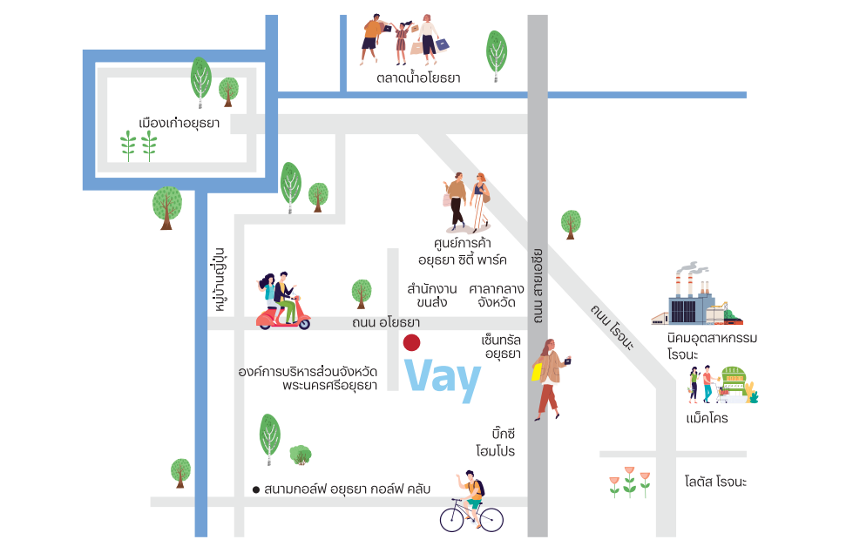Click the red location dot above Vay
click(411, 342)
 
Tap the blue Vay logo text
click(443, 379)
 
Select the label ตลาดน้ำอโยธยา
click(418, 78)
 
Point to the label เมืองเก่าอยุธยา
click(179, 123)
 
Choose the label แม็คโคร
click(707, 418)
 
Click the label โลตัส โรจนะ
click(715, 482)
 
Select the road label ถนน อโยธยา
click(386, 322)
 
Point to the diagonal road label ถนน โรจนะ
click(613, 327)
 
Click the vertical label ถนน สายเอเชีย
click(538, 286)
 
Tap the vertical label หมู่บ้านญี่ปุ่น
click(220, 280)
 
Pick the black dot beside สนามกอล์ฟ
click(255, 490)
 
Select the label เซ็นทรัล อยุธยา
click(501, 347)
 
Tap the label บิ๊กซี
click(504, 434)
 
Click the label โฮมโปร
click(495, 451)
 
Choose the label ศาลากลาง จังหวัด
click(496, 295)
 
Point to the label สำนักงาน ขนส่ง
click(432, 295)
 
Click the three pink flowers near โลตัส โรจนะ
click(629, 482)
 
